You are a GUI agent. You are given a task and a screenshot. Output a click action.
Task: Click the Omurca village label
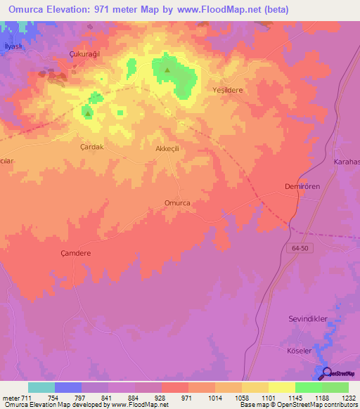(177, 202)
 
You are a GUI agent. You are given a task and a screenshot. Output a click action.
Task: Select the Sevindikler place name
(308, 319)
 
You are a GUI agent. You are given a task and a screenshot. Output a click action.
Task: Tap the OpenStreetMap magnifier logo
(324, 372)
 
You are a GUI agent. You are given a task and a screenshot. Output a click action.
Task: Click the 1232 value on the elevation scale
(348, 398)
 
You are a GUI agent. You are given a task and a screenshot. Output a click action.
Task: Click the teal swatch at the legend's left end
(41, 387)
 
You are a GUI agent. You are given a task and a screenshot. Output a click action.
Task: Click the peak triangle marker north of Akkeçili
(167, 70)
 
